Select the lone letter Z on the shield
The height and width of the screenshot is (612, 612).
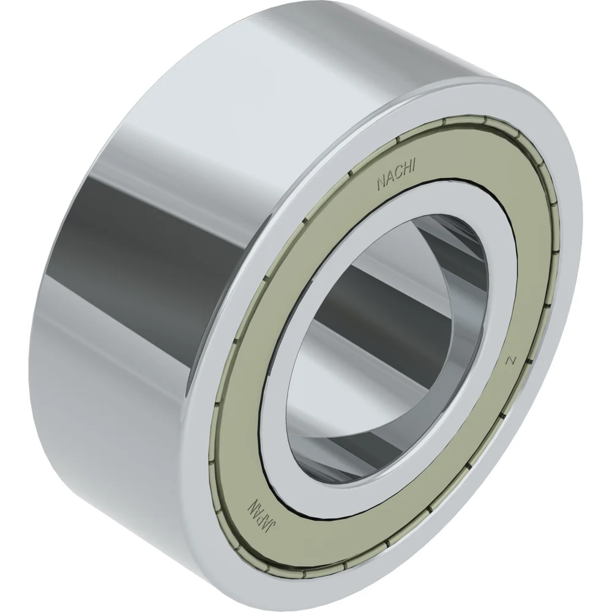[x=508, y=361]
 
